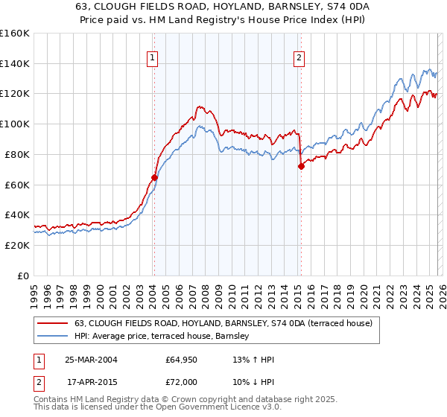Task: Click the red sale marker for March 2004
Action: click(x=154, y=177)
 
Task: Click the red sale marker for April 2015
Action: click(x=301, y=166)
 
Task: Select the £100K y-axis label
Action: click(x=15, y=124)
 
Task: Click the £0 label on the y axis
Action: click(x=23, y=276)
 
